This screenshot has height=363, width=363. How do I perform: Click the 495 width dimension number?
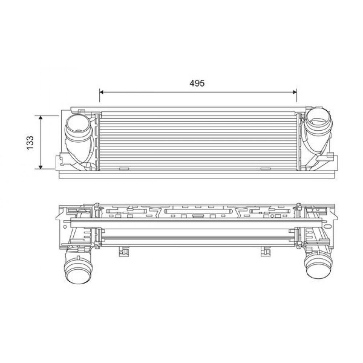click(197, 83)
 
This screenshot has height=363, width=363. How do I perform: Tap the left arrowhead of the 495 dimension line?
click(102, 92)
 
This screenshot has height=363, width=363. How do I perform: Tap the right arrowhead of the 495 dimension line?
click(294, 92)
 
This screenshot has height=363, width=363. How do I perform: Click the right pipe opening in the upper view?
click(318, 119)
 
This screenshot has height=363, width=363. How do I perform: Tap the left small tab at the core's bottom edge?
click(124, 169)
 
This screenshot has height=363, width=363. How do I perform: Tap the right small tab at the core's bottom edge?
click(266, 169)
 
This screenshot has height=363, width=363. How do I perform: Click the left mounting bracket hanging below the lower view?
click(123, 252)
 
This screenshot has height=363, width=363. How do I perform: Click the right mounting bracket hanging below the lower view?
click(266, 252)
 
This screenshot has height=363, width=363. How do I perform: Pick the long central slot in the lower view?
click(198, 211)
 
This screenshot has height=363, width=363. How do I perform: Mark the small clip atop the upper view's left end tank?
click(82, 110)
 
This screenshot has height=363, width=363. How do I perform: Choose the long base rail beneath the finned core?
click(196, 175)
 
